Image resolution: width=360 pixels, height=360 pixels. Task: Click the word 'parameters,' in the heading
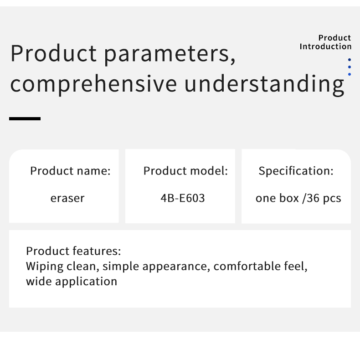pos(170,55)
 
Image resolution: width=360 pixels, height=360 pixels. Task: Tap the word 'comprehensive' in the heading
pos(93,84)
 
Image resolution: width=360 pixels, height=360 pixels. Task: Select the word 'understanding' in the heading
pos(264,84)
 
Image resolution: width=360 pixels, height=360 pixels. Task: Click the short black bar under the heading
pos(25,118)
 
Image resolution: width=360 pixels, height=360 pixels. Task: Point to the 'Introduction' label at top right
pos(325,46)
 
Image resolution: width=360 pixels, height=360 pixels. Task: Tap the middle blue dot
pos(350,67)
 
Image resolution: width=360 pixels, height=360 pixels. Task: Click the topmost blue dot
pos(350,60)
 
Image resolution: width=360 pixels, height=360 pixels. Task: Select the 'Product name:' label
pos(70,171)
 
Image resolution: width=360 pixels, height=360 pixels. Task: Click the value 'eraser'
pos(67,198)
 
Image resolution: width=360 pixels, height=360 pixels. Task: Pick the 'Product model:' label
pos(185,171)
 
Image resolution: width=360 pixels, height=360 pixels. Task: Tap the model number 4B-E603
pos(183,198)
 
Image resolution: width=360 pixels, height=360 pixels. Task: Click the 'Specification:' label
pos(296,171)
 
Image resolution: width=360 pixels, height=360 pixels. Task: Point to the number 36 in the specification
pos(313,198)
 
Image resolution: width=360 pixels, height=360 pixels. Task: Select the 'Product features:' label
pos(73,251)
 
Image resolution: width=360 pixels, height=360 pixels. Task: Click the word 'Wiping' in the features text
pos(45,267)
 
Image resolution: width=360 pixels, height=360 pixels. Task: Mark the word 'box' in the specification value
pos(289,198)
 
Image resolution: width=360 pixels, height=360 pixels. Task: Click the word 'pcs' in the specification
pos(332,199)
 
